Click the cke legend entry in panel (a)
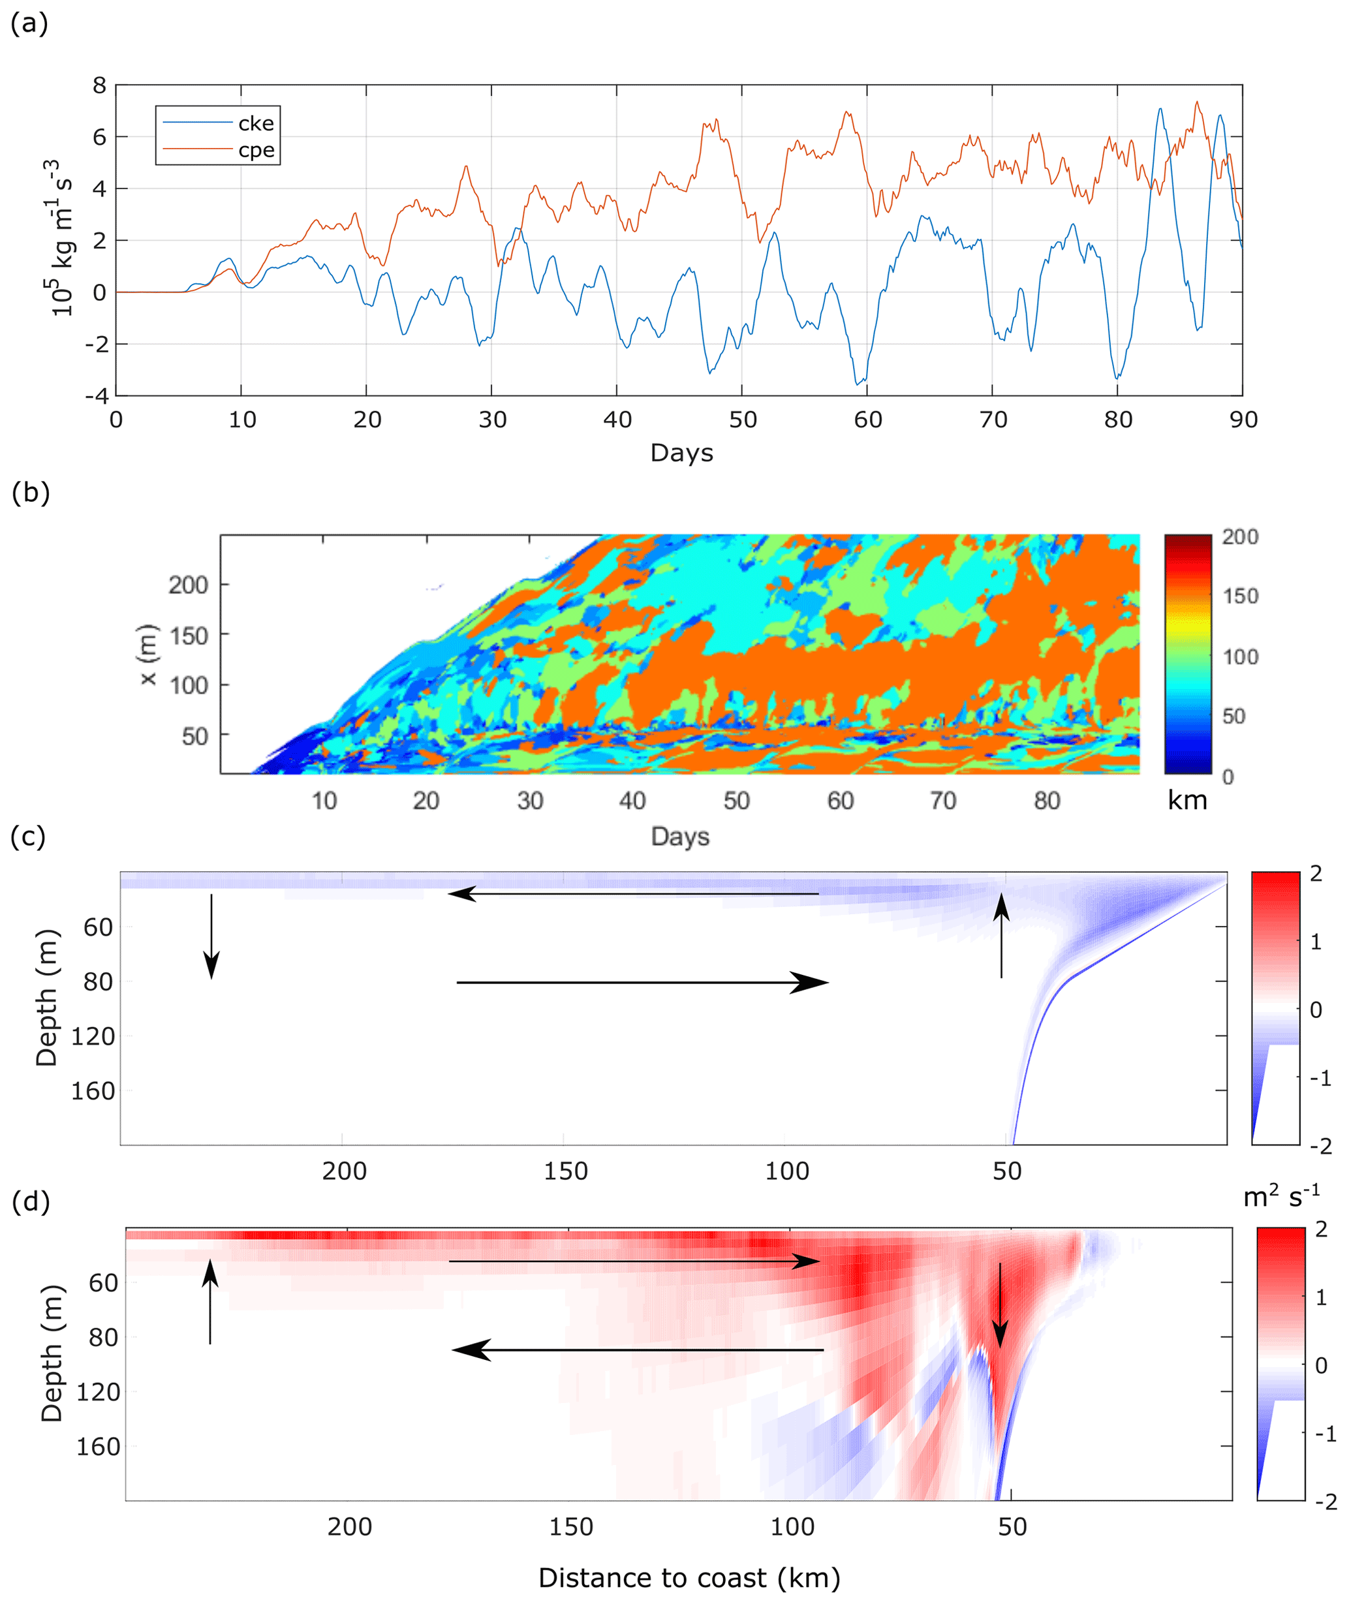255,123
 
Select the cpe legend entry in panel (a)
255,150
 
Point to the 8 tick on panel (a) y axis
99,85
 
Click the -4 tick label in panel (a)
97,396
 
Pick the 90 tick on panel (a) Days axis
1243,419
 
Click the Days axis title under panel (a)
681,453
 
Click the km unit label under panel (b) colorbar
1187,801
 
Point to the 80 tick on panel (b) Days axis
1047,801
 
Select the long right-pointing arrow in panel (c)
642,982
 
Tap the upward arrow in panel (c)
1002,936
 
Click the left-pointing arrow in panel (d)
638,1350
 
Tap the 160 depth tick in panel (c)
93,1091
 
